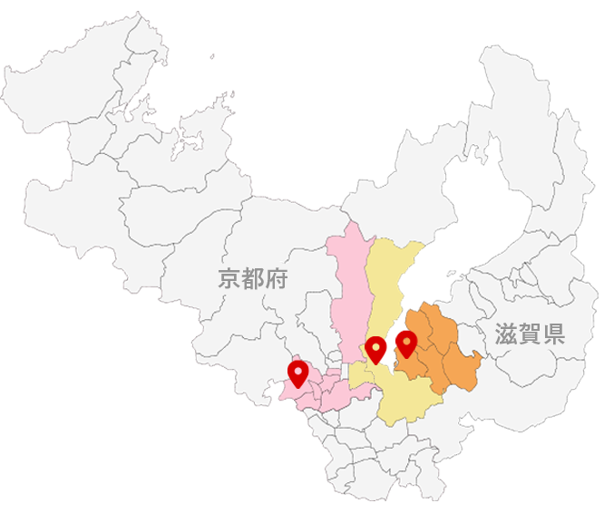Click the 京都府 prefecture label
point(253,278)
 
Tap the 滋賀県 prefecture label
point(530,334)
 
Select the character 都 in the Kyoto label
point(253,278)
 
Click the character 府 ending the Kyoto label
point(277,278)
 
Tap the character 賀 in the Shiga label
point(530,334)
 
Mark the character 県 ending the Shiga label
point(553,334)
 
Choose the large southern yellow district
point(404,399)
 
